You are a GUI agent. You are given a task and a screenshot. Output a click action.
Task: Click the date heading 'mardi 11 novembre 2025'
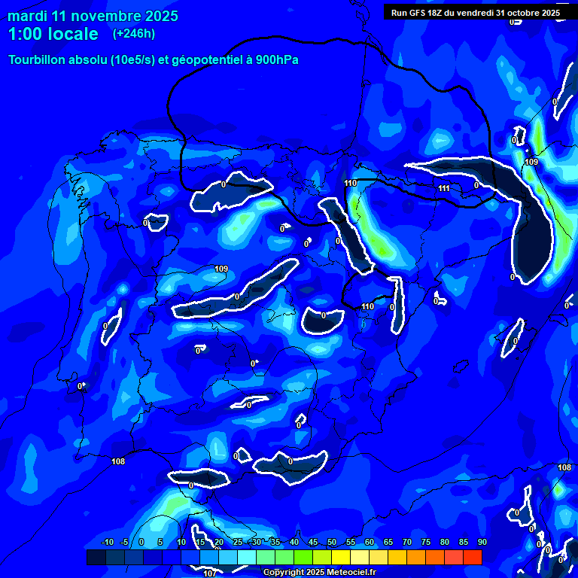(x=93, y=16)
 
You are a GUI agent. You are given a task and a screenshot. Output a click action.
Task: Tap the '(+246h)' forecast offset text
(x=134, y=34)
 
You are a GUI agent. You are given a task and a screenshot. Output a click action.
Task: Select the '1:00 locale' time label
(x=53, y=34)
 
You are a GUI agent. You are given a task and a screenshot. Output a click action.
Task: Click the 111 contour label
(x=444, y=188)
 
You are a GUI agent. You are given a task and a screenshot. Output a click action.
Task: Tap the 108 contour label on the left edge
(x=118, y=461)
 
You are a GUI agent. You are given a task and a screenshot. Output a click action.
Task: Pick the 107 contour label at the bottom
(x=210, y=573)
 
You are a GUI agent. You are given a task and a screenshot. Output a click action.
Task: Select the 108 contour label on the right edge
(x=564, y=467)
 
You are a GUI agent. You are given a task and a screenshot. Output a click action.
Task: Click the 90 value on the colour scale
(x=482, y=542)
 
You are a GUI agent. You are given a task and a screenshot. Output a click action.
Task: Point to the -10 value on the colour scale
(x=107, y=542)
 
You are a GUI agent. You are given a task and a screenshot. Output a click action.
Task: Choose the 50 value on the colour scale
(x=332, y=542)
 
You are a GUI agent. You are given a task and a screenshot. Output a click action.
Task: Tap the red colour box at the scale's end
(x=472, y=557)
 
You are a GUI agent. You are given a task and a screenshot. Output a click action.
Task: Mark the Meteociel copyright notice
(x=319, y=573)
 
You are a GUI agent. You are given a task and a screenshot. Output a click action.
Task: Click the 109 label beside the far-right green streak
(x=531, y=162)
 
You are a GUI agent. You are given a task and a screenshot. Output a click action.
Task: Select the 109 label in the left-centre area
(x=221, y=269)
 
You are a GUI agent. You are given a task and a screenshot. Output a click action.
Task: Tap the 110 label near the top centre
(x=350, y=183)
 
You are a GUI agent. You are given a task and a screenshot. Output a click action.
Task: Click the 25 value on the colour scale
(x=237, y=542)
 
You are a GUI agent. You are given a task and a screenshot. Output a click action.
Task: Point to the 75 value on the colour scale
(x=426, y=542)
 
